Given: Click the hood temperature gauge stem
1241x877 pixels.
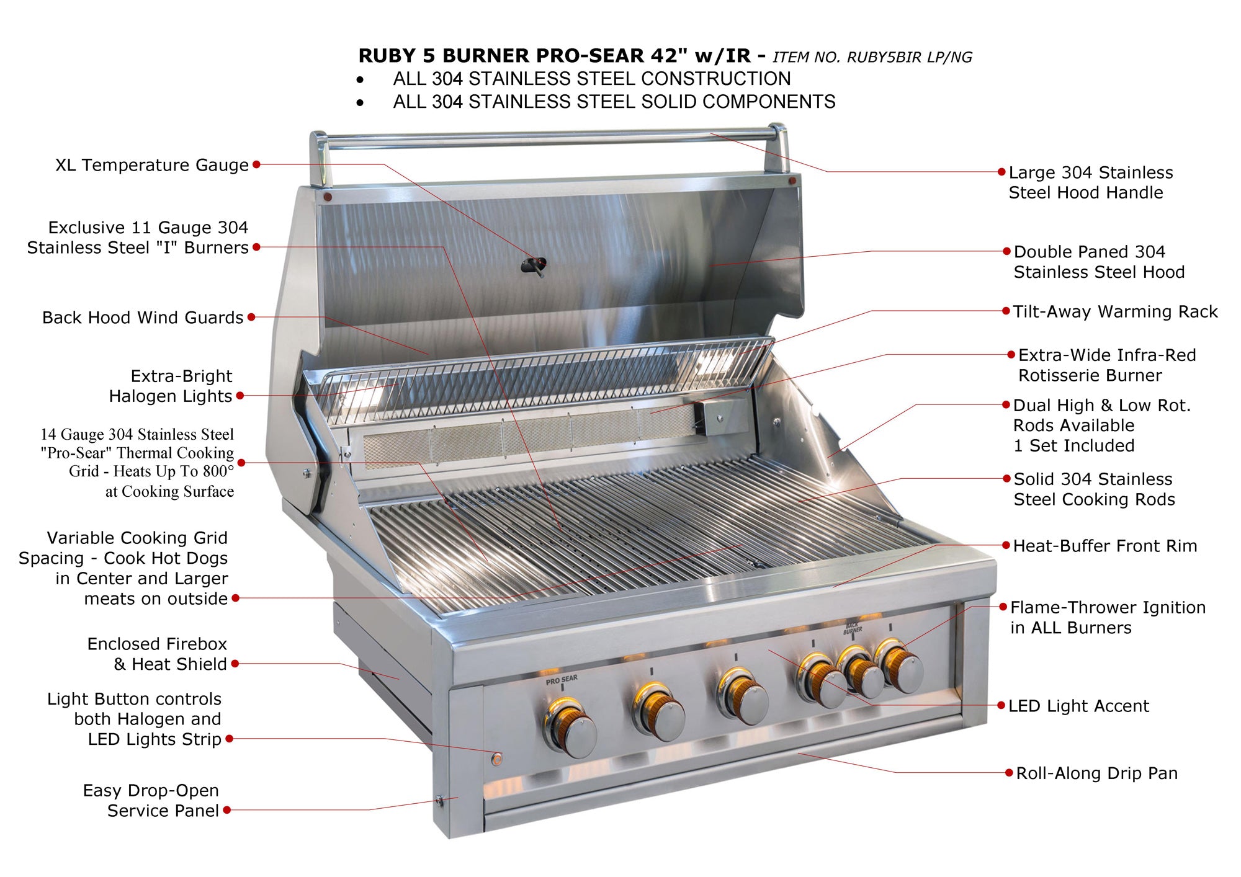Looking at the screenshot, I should coord(534,266).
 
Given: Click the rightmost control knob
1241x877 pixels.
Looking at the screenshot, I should coord(902,668).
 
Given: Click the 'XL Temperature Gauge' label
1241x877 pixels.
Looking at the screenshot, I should coord(152,165).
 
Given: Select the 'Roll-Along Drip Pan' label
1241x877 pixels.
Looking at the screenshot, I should coord(1096,773).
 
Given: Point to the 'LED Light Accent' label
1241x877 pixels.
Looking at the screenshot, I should coord(1078,706).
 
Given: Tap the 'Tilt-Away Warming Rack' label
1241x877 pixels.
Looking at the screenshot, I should coord(1115,311).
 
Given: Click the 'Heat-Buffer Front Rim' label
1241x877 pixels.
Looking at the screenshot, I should coord(1105,546).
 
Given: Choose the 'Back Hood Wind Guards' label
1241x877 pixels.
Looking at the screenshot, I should coord(143,318).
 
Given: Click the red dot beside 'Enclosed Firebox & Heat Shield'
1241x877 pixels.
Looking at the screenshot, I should coord(235,664).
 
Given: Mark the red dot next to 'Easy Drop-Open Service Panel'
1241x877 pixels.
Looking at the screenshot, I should coord(227,810).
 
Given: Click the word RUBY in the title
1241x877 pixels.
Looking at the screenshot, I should coord(387,56).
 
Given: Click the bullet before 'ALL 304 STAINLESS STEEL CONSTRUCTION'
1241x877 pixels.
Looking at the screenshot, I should coord(361,79).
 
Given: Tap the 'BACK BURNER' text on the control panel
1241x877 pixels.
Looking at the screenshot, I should coord(852,628).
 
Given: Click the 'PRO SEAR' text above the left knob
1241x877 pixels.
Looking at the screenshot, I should coord(562,680).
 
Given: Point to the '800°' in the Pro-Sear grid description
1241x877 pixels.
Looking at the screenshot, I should coord(218,471).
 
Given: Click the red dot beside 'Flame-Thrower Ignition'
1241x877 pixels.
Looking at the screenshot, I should coord(1003,607).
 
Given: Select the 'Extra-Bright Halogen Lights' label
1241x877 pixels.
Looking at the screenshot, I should coord(171,386).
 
